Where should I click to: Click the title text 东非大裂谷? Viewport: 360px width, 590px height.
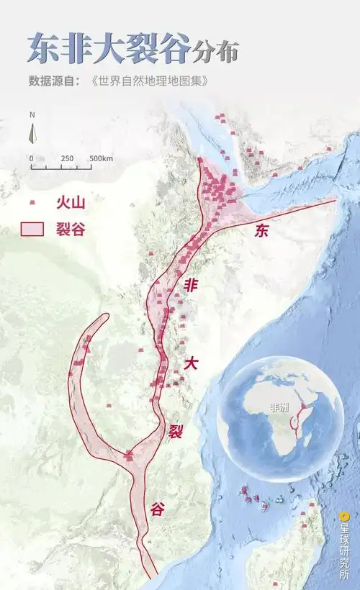(x=109, y=49)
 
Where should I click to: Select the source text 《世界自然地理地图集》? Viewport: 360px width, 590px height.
(x=150, y=80)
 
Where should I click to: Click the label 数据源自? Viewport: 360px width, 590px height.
(x=57, y=80)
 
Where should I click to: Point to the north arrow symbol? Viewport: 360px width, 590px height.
(x=32, y=132)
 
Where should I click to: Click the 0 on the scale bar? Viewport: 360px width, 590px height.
(x=31, y=158)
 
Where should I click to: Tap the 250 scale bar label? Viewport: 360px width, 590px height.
(x=67, y=158)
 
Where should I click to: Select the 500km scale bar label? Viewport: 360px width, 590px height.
(x=102, y=158)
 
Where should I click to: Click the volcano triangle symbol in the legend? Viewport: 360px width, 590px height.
(x=32, y=204)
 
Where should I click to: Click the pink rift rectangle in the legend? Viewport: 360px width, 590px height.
(x=32, y=229)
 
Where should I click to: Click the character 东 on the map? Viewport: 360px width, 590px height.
(x=262, y=231)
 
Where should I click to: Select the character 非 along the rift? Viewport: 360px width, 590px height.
(x=191, y=284)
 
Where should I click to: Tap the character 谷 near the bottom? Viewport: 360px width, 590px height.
(x=158, y=509)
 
